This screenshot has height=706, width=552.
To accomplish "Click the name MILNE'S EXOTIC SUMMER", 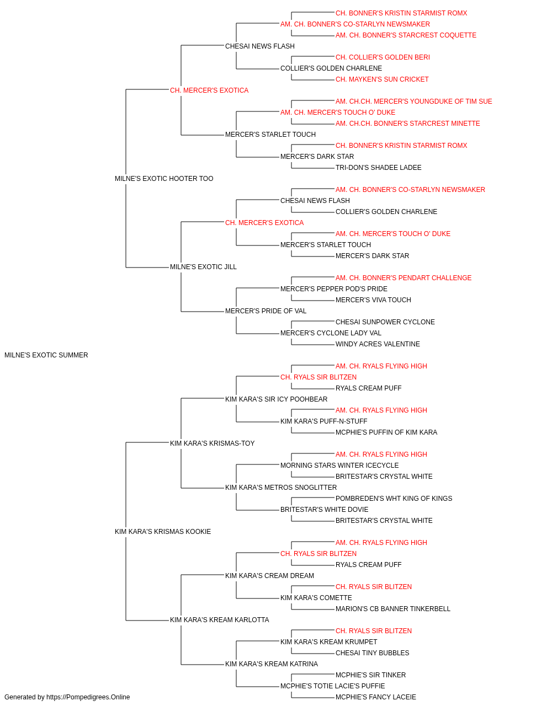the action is [46, 355].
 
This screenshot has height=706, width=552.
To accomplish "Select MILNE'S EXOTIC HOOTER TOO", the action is [164, 179].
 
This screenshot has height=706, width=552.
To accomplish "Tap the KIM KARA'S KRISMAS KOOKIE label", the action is [162, 532].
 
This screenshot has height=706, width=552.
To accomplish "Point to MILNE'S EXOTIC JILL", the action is [203, 267].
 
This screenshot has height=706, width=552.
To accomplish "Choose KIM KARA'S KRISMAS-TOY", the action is [212, 443].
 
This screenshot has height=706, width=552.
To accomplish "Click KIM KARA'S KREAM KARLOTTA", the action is [220, 620].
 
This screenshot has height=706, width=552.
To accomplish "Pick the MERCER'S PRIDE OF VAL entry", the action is [266, 311].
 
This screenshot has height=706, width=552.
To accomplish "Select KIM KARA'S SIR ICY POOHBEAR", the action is [276, 399].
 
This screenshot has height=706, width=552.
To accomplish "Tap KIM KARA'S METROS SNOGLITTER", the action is [281, 488].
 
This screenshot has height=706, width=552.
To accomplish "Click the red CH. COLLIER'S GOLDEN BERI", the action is [383, 57].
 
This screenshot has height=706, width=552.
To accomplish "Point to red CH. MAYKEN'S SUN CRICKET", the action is [382, 79].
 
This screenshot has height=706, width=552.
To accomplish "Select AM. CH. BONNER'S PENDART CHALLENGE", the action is [404, 278].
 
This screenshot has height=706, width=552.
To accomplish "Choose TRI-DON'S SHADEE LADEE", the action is [379, 168].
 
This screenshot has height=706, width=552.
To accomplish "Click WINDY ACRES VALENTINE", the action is [378, 344].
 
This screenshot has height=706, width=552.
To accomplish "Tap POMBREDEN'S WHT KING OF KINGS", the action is [394, 499].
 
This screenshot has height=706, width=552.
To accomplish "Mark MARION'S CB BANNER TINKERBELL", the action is [392, 609].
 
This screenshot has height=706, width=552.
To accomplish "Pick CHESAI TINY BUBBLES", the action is [372, 653].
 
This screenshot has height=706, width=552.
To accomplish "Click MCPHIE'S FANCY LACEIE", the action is [376, 697].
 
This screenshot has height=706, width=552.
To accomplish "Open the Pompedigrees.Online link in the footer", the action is [88, 697].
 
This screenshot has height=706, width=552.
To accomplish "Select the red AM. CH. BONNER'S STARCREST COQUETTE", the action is [406, 35].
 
